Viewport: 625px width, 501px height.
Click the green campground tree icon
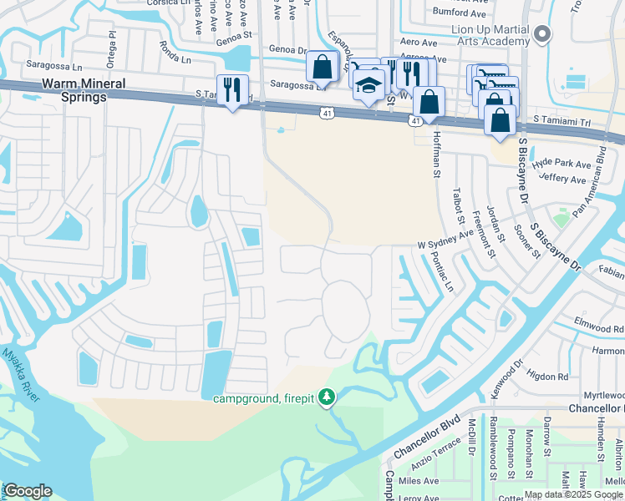coord(329,396)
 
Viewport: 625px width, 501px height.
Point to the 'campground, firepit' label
coord(263,398)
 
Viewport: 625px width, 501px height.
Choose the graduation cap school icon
coord(368,84)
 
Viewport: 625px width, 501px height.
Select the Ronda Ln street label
coord(175,56)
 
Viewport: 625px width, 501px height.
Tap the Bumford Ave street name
coord(459,13)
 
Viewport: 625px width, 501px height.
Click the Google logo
coord(27,491)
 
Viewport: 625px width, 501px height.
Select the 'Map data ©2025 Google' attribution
coord(574,494)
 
